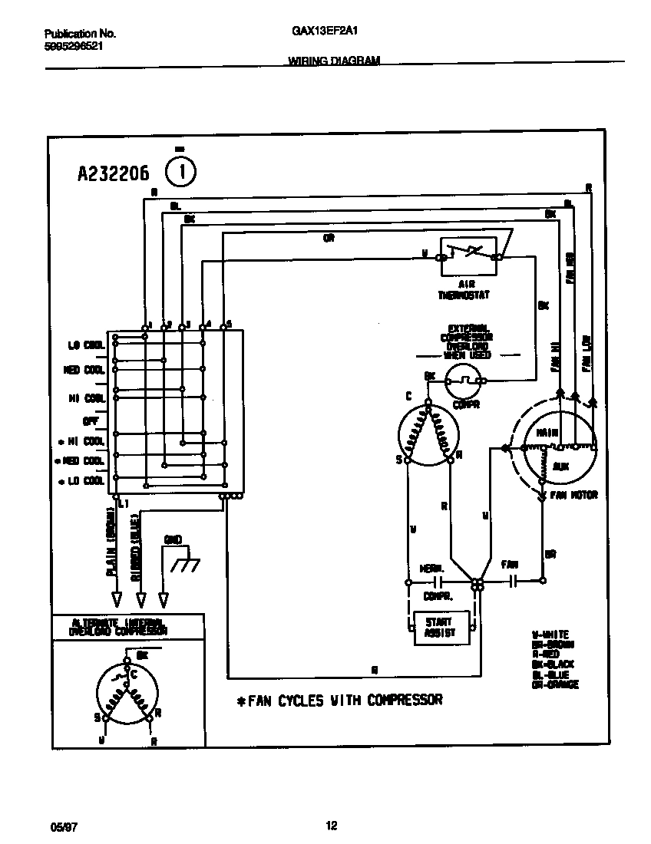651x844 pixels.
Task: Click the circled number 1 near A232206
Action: [181, 172]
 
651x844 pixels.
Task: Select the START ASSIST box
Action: [438, 627]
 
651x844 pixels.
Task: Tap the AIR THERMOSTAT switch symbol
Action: [468, 256]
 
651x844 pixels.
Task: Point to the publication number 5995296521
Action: [74, 46]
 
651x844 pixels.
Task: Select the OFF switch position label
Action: [90, 420]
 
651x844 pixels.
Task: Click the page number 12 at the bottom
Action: [331, 826]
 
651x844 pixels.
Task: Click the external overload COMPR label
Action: [466, 404]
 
